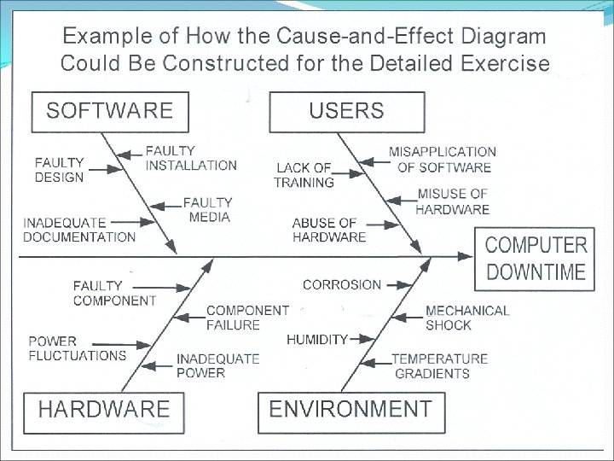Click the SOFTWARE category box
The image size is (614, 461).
pos(108,110)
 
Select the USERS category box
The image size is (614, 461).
pos(346,110)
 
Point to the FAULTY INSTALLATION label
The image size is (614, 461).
pos(191,158)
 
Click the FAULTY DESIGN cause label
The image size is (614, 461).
pos(60,170)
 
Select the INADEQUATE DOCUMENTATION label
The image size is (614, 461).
pos(79,230)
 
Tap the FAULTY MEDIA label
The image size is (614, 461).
pos(207,210)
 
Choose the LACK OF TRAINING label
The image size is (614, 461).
pos(304,175)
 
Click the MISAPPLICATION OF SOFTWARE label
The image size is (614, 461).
pos(442,160)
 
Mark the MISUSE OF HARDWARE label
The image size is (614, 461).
pos(453,201)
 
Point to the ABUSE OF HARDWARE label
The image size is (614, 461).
pos(329,230)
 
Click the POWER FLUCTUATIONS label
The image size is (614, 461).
pos(77,349)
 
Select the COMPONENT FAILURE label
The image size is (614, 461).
pos(247,317)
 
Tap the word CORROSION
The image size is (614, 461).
pos(342,284)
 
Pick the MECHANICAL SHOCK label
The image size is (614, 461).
pos(466,318)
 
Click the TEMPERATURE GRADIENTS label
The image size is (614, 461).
pos(439,366)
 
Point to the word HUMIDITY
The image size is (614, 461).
pos(317,339)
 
